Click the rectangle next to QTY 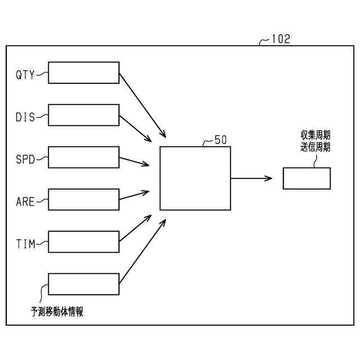point(84,73)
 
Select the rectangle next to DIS point(84,115)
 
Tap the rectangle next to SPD point(84,157)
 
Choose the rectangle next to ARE point(84,200)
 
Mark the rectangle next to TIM point(84,242)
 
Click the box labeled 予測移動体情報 point(84,284)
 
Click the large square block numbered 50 point(195,178)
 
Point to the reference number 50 point(221,140)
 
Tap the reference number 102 point(281,39)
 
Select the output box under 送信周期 point(307,178)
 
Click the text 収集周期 point(315,136)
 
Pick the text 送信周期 point(315,147)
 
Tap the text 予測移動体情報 point(57,312)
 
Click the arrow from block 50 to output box point(251,178)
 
